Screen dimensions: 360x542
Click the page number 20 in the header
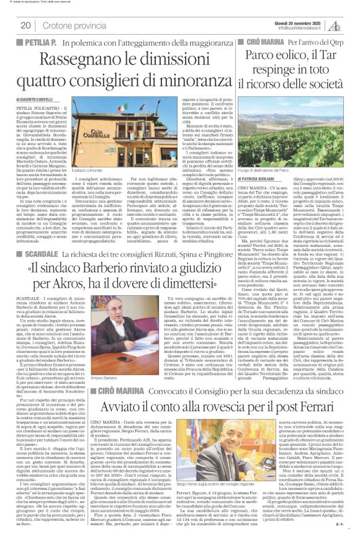click(26, 25)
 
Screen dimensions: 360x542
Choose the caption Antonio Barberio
click(100, 361)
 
